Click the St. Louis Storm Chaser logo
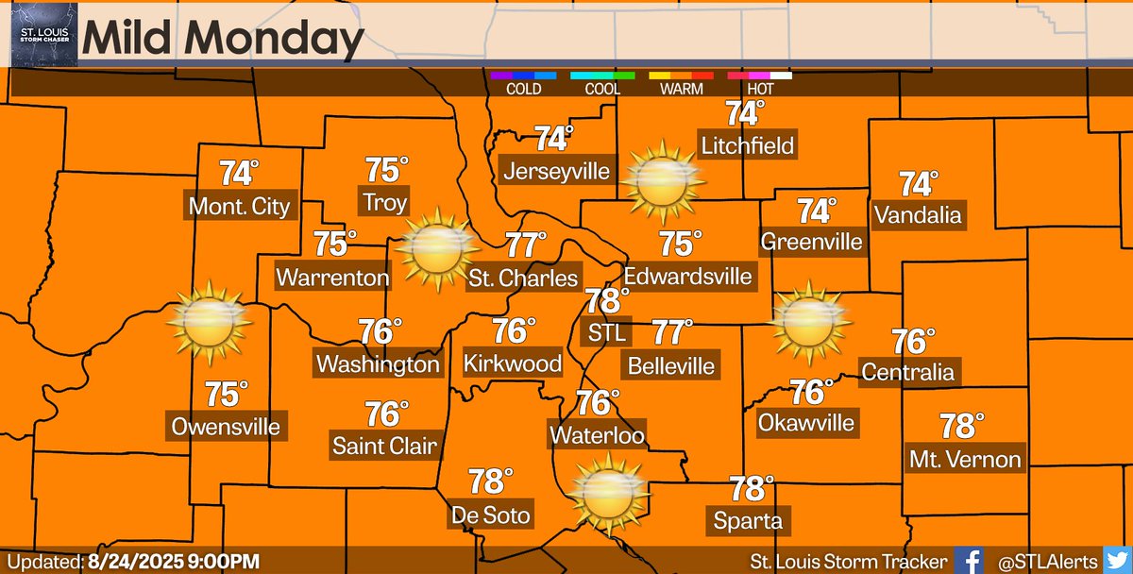(x=39, y=33)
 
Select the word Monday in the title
(x=280, y=40)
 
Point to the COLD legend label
(x=523, y=90)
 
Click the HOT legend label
(x=759, y=90)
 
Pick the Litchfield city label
(x=747, y=145)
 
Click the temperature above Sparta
(x=748, y=489)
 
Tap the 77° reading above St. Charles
(x=526, y=245)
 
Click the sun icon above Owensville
(x=209, y=322)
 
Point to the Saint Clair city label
(x=385, y=445)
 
